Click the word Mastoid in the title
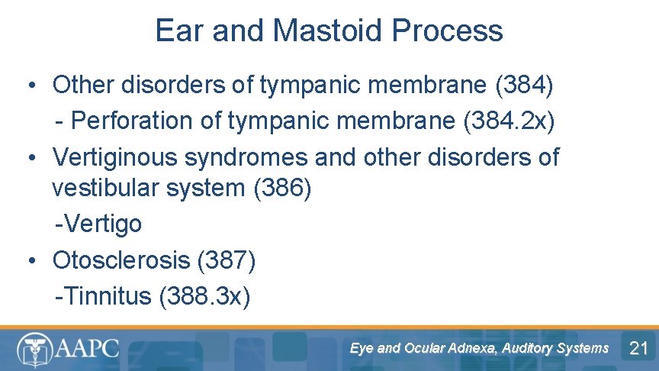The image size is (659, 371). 326,31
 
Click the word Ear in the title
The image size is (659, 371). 180,31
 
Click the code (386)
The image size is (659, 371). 282,188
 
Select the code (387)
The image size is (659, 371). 227,260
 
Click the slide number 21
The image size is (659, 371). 638,349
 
